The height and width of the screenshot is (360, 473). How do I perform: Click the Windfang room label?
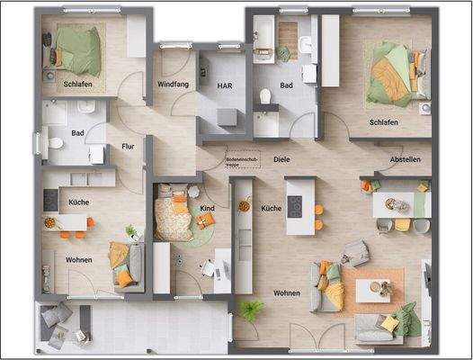click(172, 84)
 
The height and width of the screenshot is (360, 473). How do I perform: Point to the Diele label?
click(281, 159)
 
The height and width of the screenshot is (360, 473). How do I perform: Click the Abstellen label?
click(404, 159)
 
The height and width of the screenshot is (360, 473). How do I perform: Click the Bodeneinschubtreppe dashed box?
click(241, 157)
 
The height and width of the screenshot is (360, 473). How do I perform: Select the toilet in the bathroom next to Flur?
click(54, 142)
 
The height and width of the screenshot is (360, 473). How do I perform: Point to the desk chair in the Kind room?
click(208, 267)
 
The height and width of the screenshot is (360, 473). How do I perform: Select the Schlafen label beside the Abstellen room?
click(384, 121)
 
